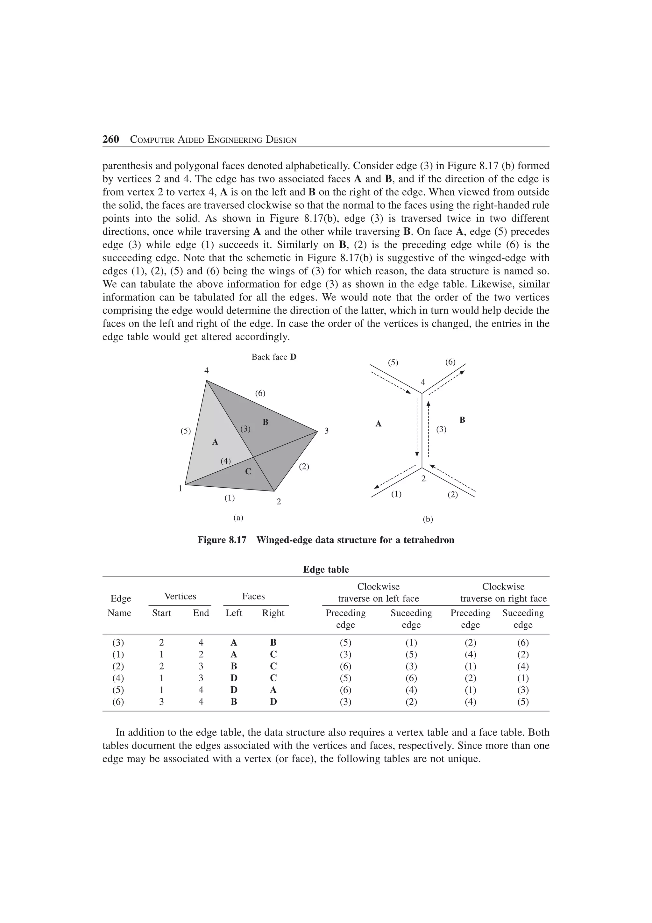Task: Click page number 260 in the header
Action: [x=110, y=140]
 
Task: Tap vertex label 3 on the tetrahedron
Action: [x=327, y=431]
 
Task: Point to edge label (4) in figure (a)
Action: [x=226, y=461]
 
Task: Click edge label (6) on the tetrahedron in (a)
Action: [x=260, y=393]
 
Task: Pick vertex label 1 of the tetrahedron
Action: [x=181, y=489]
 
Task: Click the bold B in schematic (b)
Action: [x=462, y=420]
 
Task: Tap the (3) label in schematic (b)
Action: [x=441, y=429]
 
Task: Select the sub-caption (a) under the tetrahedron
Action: [x=239, y=518]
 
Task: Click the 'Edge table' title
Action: [x=326, y=569]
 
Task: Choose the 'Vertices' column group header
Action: [x=181, y=596]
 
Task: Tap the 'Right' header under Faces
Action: [x=273, y=613]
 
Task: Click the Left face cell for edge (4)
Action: [x=234, y=678]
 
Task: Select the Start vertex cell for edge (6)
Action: [x=161, y=702]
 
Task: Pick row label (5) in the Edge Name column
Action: [x=118, y=690]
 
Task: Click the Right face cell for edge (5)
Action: [x=273, y=690]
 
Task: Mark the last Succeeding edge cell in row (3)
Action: [x=523, y=642]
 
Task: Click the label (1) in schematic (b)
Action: [x=396, y=494]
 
